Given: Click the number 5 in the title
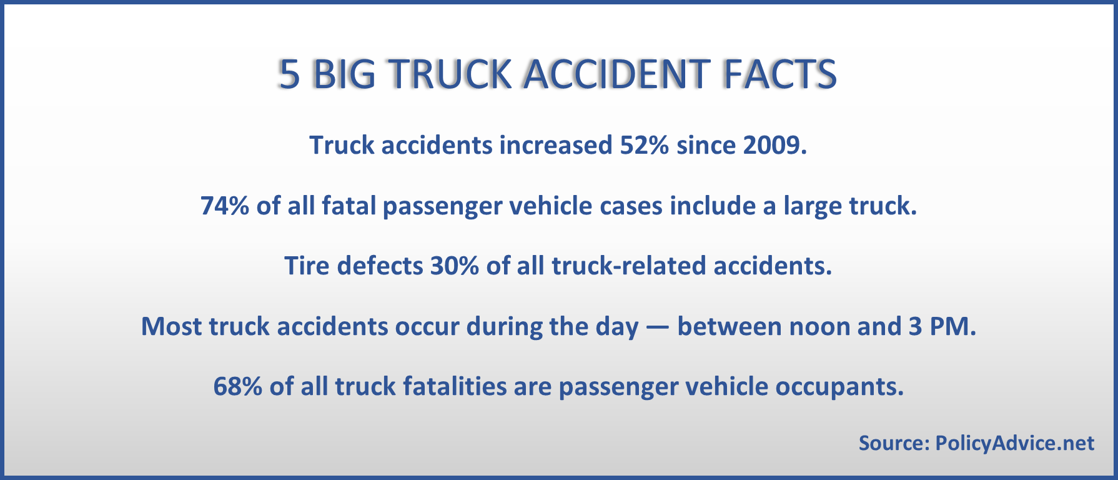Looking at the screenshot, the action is point(289,74).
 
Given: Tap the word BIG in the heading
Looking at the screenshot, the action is point(344,74).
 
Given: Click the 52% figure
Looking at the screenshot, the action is point(644,145).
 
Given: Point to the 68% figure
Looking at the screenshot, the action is point(238,386).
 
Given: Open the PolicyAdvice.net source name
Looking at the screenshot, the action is point(1014,443).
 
